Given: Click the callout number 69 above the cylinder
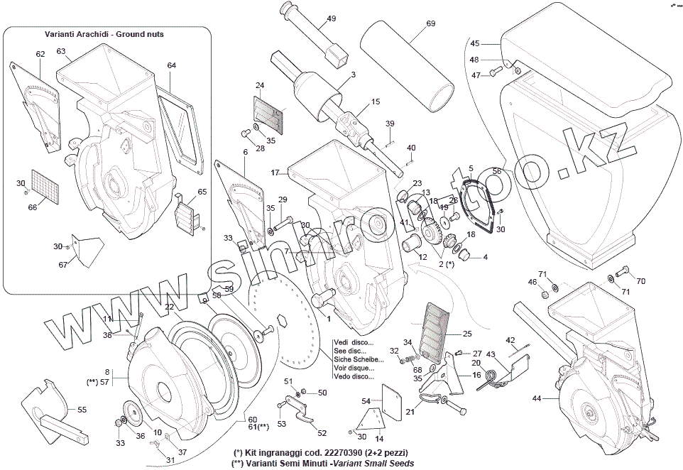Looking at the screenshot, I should pos(431,23).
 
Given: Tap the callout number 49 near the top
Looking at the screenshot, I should pos(332,19).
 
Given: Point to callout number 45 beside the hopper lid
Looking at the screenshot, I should pos(475,43).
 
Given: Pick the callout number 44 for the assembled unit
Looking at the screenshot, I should pos(536,398).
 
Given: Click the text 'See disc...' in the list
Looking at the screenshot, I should pos(350,350).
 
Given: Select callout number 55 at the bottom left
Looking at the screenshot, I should pos(82,410).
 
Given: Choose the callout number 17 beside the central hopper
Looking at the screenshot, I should pos(275,173).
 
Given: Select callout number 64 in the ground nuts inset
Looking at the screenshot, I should pos(171,65).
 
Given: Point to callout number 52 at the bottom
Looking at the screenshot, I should pos(322,432).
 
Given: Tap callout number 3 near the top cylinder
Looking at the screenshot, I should pos(353,75).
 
